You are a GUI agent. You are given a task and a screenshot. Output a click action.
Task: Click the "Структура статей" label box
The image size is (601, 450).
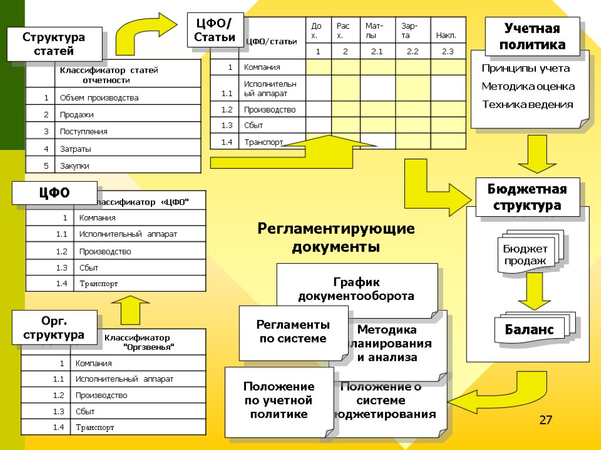(x=54, y=45)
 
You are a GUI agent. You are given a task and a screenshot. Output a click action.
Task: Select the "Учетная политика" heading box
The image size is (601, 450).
(x=533, y=36)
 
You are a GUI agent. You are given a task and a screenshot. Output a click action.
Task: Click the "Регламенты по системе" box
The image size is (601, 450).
(x=293, y=332)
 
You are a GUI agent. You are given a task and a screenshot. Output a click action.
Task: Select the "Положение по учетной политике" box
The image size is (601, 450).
(x=279, y=401)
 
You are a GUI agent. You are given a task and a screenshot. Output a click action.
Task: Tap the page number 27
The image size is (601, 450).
(x=546, y=420)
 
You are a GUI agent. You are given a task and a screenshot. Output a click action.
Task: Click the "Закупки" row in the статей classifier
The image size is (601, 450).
(x=75, y=166)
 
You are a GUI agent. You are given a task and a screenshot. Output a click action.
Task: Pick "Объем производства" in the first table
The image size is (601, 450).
(x=99, y=97)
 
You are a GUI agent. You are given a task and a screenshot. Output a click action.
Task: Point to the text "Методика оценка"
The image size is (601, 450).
(x=528, y=87)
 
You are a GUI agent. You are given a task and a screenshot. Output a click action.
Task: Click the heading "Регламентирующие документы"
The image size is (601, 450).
(x=336, y=237)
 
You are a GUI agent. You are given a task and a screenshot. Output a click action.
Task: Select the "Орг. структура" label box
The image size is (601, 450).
(x=54, y=328)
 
